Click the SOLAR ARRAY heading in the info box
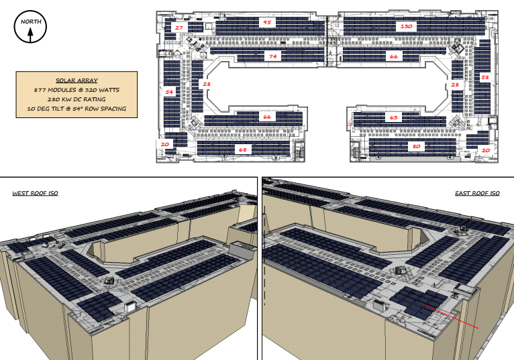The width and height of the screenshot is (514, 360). pos(76,80)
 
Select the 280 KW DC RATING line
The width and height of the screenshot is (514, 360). pos(76,99)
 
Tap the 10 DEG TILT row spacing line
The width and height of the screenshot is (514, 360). pos(76,109)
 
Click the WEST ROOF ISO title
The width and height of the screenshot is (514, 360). pos(36,193)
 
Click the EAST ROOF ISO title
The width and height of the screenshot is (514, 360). pos(477,193)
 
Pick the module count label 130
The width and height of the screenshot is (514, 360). pos(405,27)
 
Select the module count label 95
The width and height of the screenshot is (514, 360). pos(267,23)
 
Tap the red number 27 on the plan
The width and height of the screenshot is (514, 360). pos(179,27)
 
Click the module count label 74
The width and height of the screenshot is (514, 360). pos(272,57)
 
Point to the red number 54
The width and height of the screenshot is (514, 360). pos(170,91)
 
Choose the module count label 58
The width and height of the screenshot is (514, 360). pos(485,78)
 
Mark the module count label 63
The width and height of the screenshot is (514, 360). pos(394,117)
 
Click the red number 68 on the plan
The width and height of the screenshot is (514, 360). pos(242,149)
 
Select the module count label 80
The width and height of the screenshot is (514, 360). pos(416,146)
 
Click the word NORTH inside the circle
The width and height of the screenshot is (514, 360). pos(30,22)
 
